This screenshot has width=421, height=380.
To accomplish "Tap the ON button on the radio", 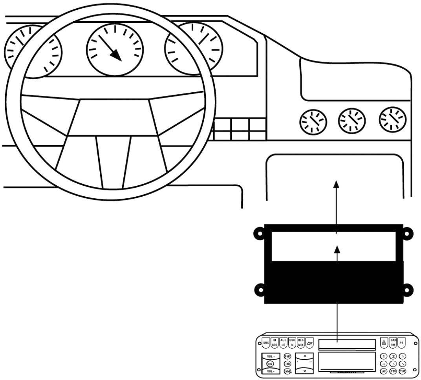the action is click(270, 363).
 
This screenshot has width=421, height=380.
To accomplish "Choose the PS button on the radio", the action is click(401, 343).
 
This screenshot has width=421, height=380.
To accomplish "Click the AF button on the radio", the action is click(384, 371).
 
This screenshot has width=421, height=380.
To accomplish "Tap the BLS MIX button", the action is click(301, 342).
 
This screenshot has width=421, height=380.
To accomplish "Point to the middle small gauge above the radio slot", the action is click(352, 120).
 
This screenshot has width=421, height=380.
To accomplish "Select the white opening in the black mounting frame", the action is click(334, 247).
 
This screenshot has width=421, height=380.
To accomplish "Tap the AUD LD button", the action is click(283, 342).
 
